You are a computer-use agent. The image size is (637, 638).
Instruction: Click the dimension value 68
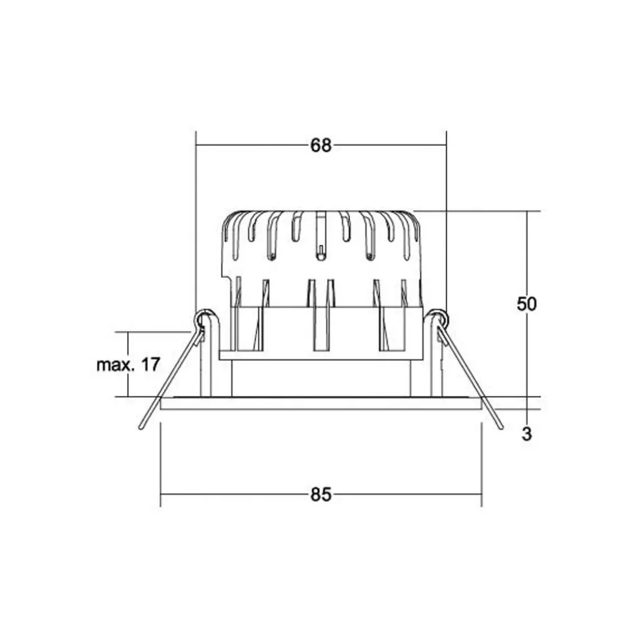pos(321,145)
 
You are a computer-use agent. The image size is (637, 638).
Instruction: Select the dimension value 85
pos(321,495)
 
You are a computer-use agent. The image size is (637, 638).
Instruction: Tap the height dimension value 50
pos(527,304)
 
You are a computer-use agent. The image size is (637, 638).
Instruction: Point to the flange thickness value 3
pos(527,434)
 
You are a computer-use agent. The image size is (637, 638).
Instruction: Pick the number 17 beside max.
pos(150,365)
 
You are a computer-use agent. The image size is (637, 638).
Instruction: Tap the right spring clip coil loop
pos(439,318)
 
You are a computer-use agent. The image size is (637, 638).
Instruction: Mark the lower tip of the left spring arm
pos(141,427)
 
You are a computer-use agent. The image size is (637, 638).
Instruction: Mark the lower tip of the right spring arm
pos(501,427)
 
